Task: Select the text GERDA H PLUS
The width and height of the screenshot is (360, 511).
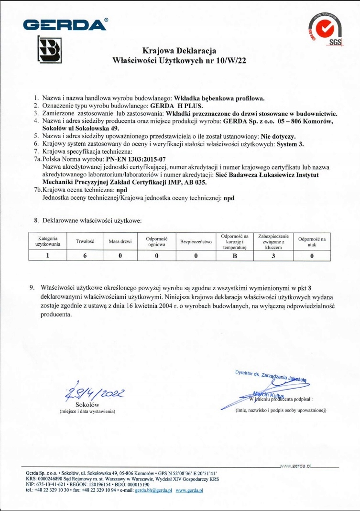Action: click(x=174, y=106)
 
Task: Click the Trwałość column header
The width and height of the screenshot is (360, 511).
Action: click(x=85, y=242)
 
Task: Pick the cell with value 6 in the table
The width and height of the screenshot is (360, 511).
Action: click(x=85, y=255)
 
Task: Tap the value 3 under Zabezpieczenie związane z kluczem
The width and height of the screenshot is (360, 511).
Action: click(x=272, y=255)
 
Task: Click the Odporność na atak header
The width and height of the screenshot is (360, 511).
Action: click(x=312, y=242)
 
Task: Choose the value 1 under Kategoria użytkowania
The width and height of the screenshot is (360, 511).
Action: click(x=48, y=255)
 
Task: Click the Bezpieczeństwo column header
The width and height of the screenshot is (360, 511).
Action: click(x=196, y=242)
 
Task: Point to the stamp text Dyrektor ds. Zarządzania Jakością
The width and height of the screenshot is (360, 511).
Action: click(x=271, y=376)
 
